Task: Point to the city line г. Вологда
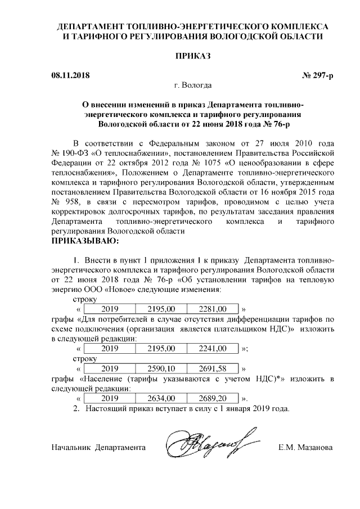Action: (193, 85)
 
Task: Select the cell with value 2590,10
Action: (162, 369)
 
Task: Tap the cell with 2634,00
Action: (162, 398)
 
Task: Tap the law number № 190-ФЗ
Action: (71, 152)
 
